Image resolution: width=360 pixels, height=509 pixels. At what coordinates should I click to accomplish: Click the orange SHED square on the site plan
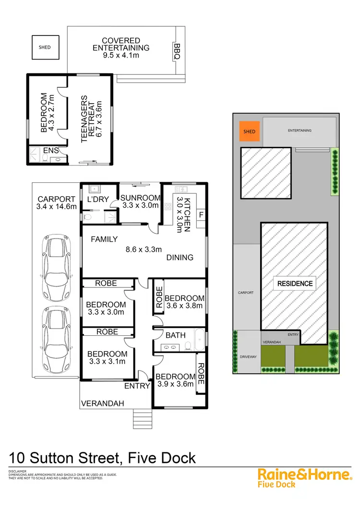click(x=250, y=131)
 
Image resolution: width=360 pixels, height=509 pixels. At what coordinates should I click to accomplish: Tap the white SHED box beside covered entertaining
click(x=45, y=47)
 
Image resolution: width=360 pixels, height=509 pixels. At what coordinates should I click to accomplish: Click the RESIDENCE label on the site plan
click(x=295, y=284)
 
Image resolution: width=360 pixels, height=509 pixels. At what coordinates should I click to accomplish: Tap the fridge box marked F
click(x=201, y=214)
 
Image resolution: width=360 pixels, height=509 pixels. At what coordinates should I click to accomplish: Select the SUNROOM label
click(x=140, y=198)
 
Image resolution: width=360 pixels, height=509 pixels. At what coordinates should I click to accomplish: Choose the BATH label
click(x=176, y=335)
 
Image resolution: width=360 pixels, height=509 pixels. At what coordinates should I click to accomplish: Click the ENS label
click(x=51, y=151)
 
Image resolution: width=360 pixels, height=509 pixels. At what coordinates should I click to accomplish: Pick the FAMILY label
click(x=104, y=239)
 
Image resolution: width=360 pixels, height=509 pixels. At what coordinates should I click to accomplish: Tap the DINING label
click(x=180, y=258)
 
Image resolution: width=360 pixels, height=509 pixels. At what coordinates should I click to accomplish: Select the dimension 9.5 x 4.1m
click(x=121, y=56)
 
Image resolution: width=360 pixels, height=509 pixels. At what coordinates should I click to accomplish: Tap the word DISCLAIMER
click(x=17, y=472)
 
